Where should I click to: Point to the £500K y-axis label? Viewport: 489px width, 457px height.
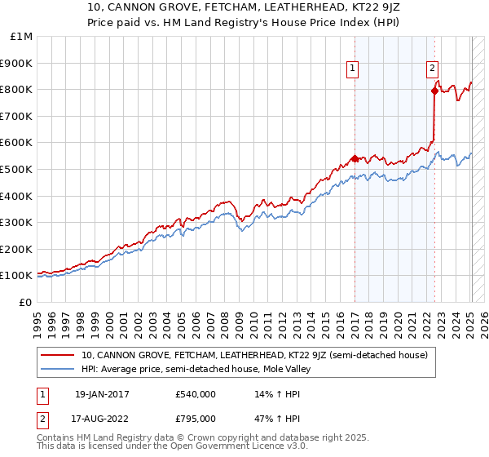tap(16, 169)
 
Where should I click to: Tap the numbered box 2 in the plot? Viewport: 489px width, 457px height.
tap(432, 69)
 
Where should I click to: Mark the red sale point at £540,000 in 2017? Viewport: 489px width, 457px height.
tap(355, 158)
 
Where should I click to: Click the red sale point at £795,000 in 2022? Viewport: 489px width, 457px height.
tap(434, 91)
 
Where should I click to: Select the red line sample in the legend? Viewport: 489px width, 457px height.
tap(57, 355)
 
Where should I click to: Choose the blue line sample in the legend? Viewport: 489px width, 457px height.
tap(57, 369)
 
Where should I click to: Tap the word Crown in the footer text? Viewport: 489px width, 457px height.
tap(175, 438)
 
